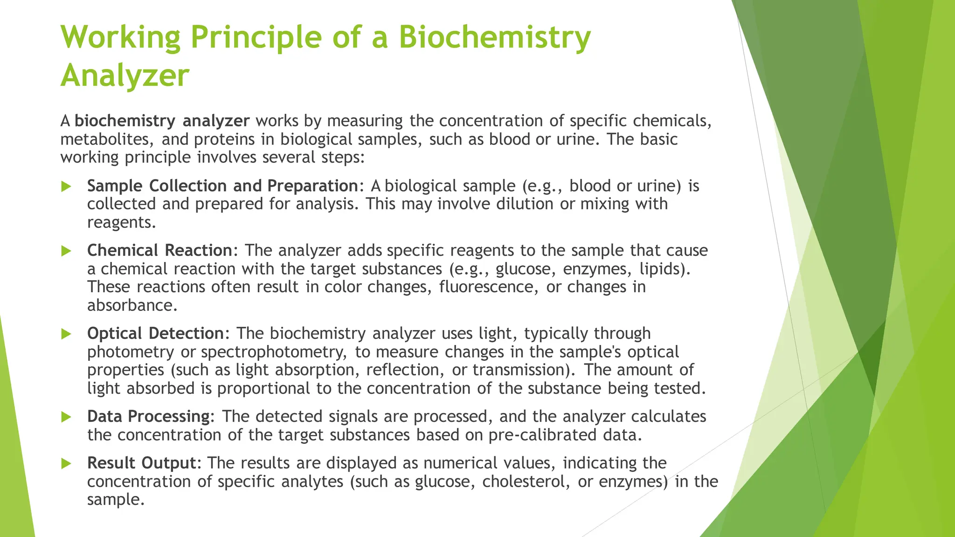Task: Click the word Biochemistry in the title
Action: point(494,37)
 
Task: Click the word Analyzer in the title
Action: point(125,76)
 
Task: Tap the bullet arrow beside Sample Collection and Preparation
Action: point(66,186)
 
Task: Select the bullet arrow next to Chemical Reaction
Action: point(66,251)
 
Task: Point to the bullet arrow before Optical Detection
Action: point(66,334)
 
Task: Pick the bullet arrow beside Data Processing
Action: point(66,417)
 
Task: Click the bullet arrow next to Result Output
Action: point(66,463)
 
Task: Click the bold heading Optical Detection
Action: point(155,334)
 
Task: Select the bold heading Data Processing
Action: point(148,417)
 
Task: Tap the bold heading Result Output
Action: point(141,463)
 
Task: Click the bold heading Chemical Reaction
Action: point(159,251)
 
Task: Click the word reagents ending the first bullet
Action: point(120,223)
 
